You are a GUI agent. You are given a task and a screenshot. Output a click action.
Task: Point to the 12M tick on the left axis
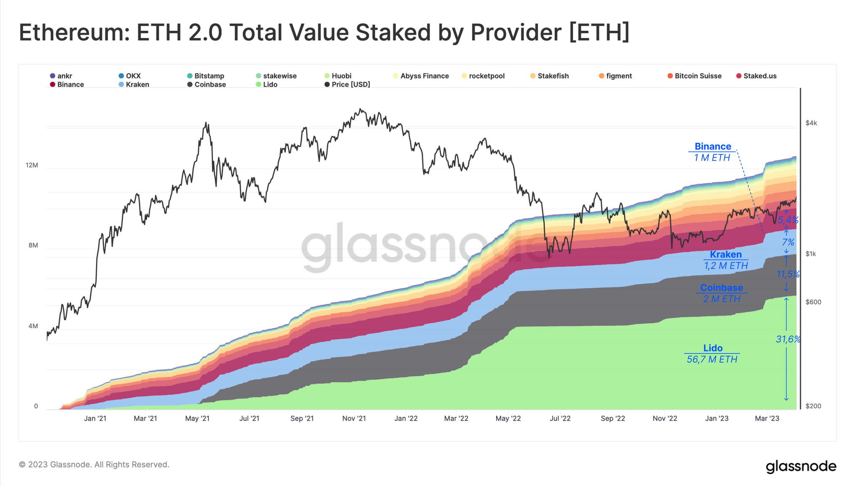32,165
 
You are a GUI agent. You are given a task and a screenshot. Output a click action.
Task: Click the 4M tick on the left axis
33,326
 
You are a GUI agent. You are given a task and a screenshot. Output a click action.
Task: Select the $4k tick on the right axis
811,123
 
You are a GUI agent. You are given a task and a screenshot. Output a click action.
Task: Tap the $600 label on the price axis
813,302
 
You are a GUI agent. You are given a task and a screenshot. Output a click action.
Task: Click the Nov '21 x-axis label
354,418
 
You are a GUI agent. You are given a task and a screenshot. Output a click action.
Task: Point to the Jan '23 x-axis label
717,418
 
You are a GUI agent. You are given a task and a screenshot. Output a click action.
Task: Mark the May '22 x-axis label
508,418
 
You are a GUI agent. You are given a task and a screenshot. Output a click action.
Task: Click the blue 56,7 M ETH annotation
712,359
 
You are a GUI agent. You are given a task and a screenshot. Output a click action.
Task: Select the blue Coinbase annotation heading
721,288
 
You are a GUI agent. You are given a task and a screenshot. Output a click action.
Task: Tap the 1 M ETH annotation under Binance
712,158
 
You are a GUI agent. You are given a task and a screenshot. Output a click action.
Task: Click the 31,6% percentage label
788,339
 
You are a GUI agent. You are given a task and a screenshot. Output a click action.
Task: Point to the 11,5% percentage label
788,274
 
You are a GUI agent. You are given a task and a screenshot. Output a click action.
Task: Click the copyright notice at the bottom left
94,464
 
